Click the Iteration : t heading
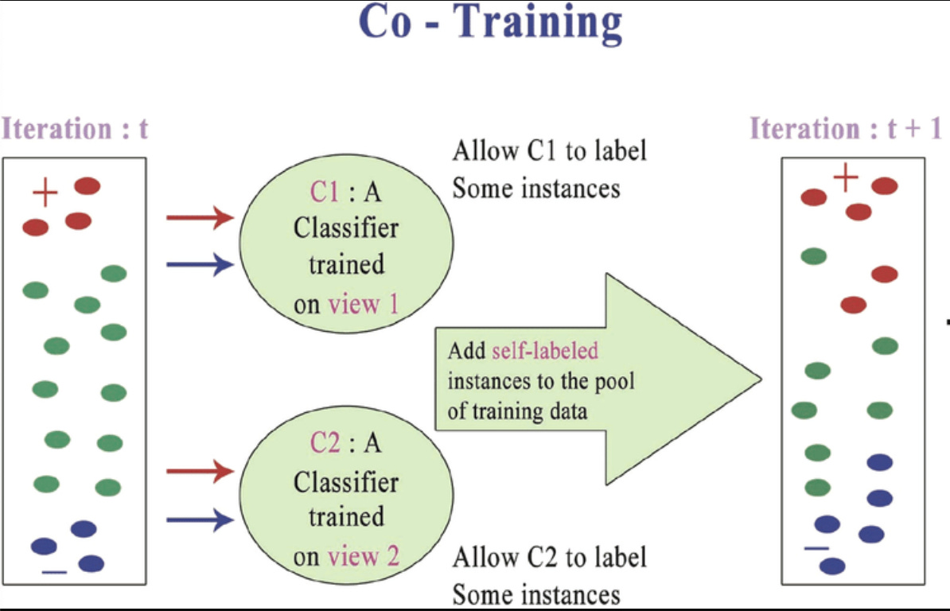[x=75, y=129]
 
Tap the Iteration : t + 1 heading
[x=846, y=129]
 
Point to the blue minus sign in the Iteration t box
[x=55, y=572]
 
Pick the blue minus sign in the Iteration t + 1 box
[x=816, y=548]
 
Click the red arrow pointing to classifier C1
[x=199, y=216]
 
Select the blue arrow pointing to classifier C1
[x=199, y=264]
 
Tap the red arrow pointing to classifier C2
[x=199, y=472]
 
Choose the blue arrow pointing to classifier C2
[x=199, y=520]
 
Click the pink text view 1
[x=353, y=305]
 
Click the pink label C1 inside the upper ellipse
[x=324, y=192]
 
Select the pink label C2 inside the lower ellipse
[x=324, y=444]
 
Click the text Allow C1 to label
[x=549, y=150]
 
